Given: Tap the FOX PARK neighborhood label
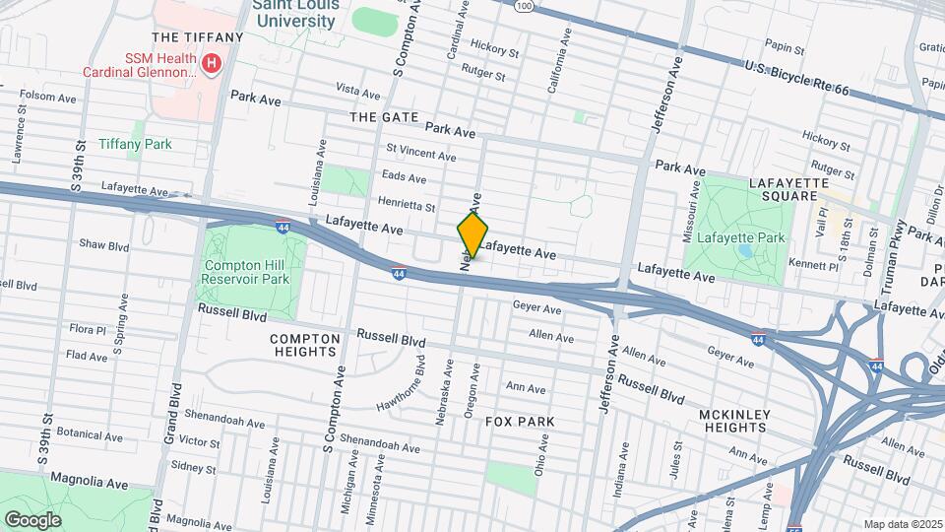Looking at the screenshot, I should [x=520, y=421].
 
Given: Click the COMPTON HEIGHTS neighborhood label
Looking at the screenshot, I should [x=304, y=345].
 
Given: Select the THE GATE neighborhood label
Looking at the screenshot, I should [x=385, y=117].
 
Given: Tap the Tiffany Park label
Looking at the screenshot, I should [x=135, y=144].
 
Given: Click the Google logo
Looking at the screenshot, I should [x=32, y=519].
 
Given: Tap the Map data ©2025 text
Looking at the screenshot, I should [x=903, y=524].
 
